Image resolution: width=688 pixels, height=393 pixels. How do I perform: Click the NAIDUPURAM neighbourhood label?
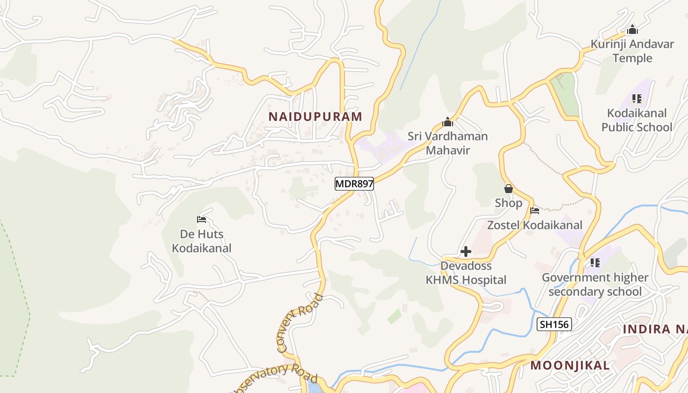click(315, 116)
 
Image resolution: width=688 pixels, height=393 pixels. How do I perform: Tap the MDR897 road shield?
click(354, 184)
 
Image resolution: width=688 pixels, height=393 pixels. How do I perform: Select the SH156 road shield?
click(554, 324)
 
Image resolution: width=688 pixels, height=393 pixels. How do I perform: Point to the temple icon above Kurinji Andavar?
click(632, 29)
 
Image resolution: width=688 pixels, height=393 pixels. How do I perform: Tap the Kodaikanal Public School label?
click(636, 120)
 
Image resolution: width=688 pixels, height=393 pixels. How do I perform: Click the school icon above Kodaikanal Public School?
click(637, 99)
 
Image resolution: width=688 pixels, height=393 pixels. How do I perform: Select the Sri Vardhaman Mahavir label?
click(447, 143)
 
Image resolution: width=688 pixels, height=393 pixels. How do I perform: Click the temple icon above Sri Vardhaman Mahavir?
click(448, 122)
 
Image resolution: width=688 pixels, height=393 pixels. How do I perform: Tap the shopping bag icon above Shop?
click(509, 189)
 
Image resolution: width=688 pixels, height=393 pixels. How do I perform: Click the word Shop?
click(509, 203)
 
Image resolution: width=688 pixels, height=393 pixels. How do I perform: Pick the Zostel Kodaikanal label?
click(535, 225)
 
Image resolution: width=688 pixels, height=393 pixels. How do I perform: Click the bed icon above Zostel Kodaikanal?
click(535, 211)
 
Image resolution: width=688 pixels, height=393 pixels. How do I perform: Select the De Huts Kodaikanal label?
click(201, 241)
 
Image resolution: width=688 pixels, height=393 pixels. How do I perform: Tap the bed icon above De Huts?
click(201, 219)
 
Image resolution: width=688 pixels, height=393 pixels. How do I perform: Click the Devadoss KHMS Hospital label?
click(466, 273)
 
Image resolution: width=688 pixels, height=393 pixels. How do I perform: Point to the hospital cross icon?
click(466, 252)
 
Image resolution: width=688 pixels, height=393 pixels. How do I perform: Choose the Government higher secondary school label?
click(595, 284)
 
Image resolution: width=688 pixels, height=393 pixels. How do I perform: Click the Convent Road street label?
click(299, 323)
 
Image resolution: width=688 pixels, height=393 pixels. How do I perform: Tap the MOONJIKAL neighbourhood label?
click(570, 365)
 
